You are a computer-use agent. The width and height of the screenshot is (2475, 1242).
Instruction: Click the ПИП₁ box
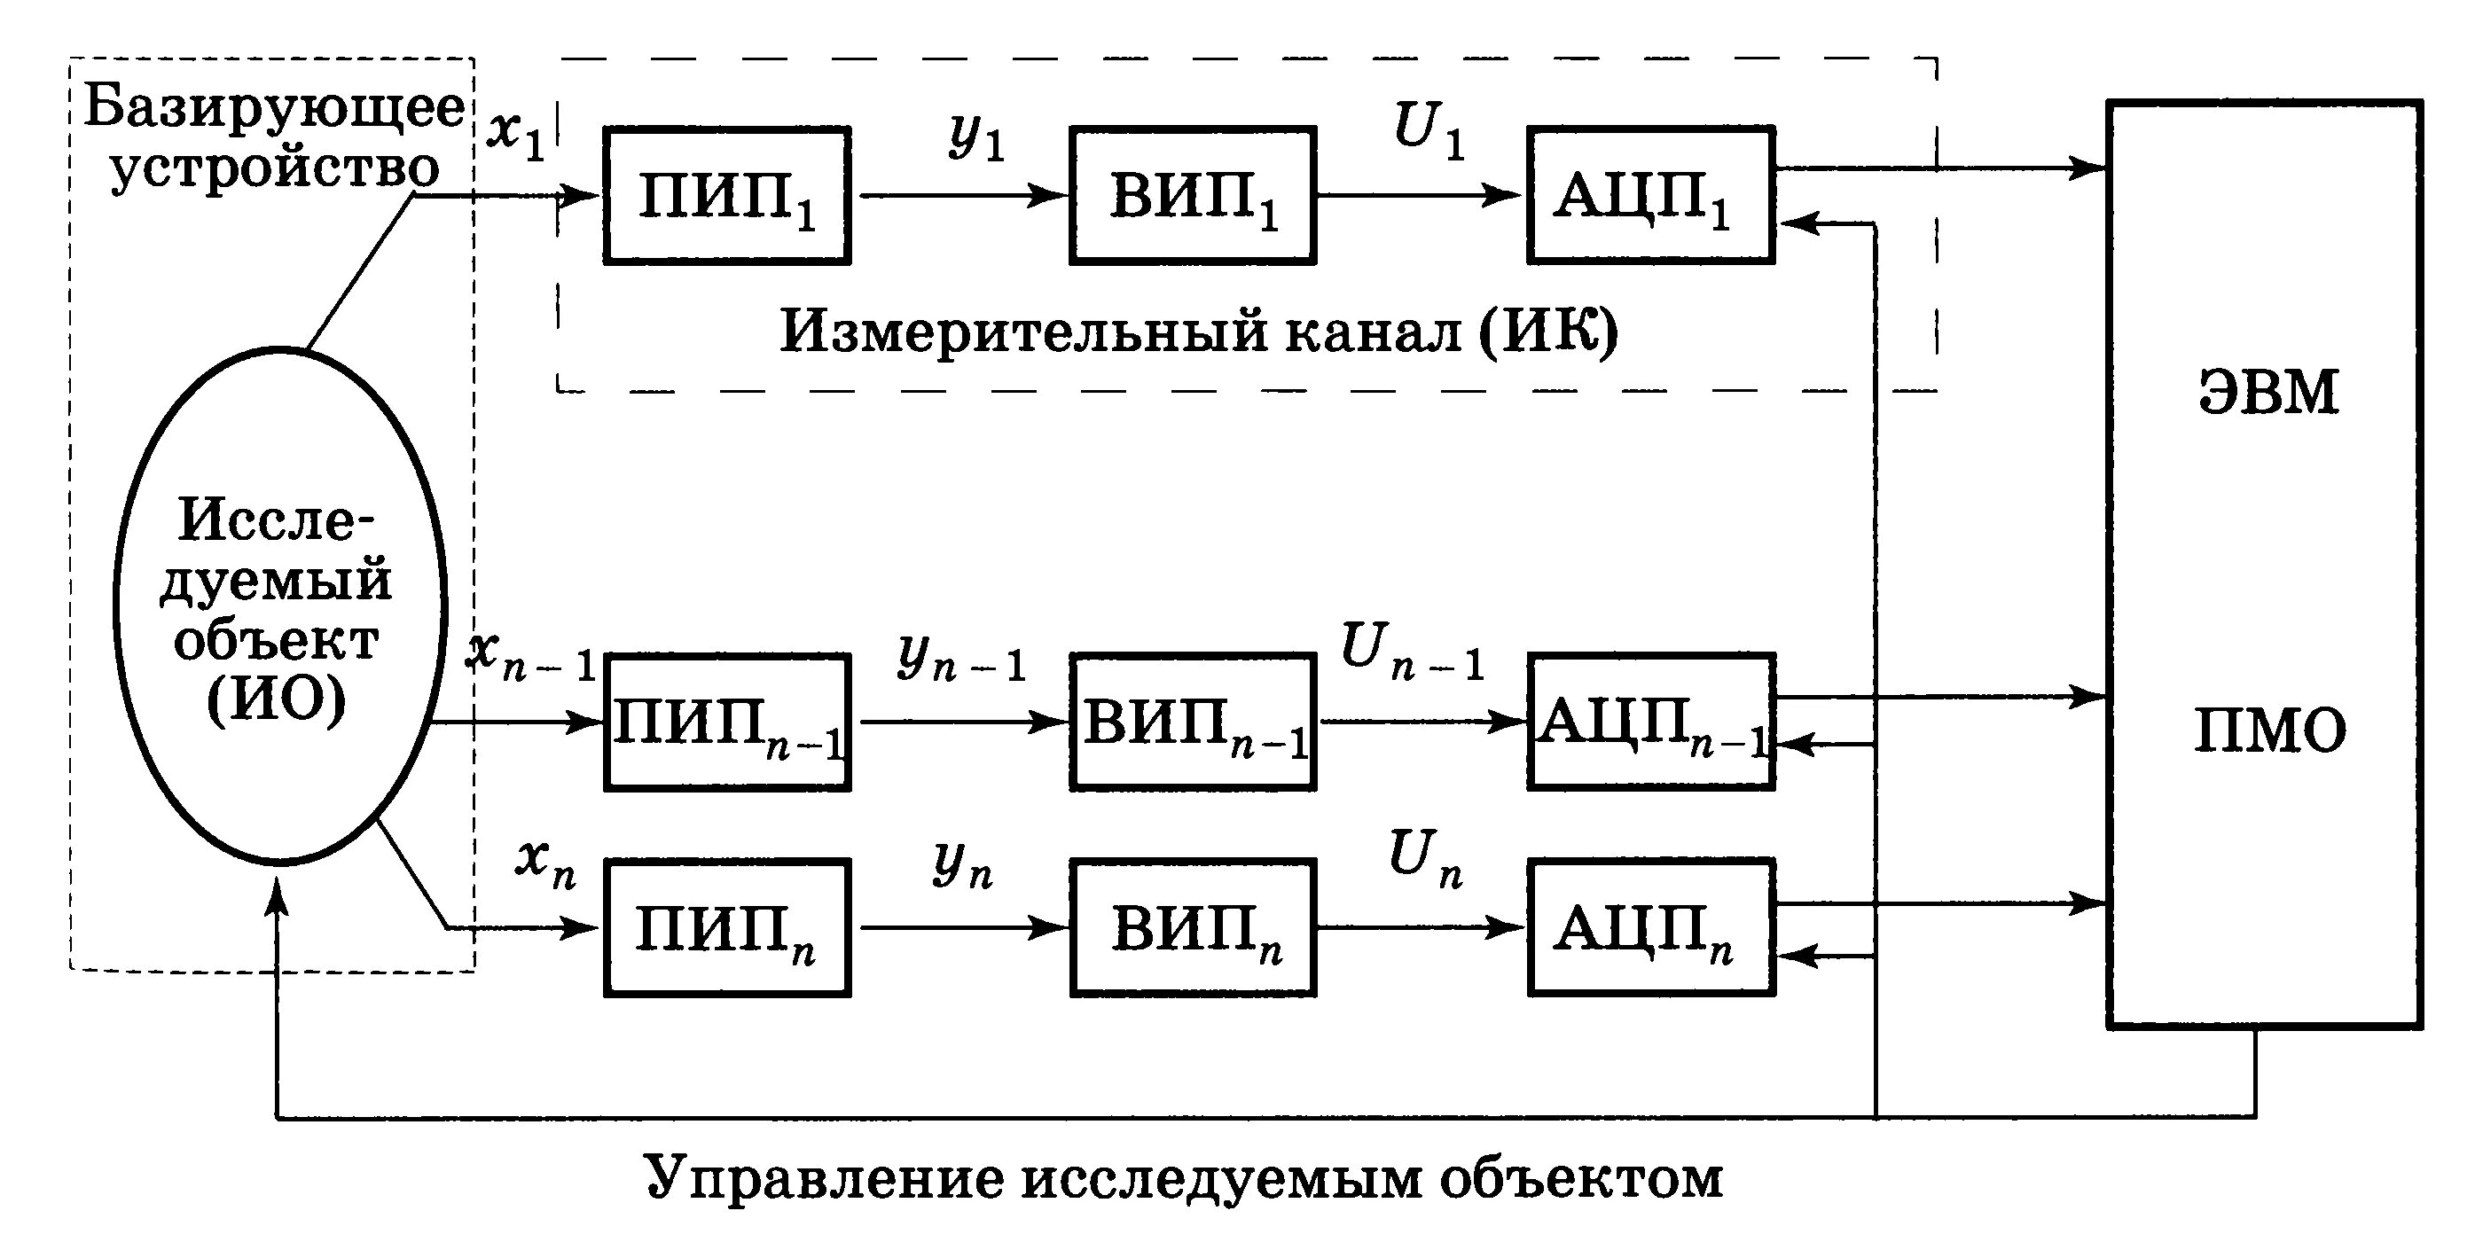tap(726, 195)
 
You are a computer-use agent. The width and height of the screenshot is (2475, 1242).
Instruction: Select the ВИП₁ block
tap(1193, 195)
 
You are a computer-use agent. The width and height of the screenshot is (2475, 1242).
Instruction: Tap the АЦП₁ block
tap(1649, 195)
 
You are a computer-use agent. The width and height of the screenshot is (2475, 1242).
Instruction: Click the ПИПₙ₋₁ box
tap(726, 723)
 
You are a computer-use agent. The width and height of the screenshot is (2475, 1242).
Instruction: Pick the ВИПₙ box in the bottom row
tap(1193, 928)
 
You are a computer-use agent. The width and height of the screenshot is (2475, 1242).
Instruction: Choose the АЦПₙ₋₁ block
tap(1649, 723)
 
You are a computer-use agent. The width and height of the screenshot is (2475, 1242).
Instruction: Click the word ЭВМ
tap(2267, 392)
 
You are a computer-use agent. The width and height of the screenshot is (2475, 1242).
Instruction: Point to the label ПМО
tap(2269, 732)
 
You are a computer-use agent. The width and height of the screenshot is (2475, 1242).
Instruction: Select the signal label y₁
tap(976, 137)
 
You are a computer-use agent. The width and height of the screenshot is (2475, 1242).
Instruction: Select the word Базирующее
tap(275, 107)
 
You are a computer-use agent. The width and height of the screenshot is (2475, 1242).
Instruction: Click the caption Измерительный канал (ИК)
tap(1197, 332)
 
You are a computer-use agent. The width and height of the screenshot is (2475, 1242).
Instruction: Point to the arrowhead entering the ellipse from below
tap(278, 897)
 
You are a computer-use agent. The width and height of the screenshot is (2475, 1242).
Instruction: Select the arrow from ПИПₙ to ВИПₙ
tap(960, 928)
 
